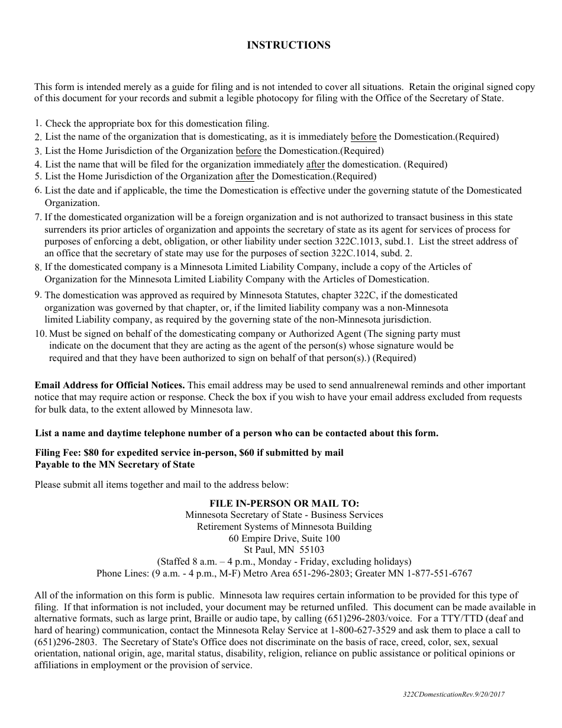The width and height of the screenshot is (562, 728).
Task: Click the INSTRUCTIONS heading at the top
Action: tap(288, 46)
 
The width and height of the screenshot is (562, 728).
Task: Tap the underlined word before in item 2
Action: tap(363, 137)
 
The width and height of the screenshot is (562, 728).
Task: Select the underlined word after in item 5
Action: tap(244, 176)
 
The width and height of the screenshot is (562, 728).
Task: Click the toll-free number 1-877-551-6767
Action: tap(443, 574)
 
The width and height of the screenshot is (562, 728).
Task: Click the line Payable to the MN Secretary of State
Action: tap(115, 465)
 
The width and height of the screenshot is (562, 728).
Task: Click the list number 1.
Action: tap(37, 124)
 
